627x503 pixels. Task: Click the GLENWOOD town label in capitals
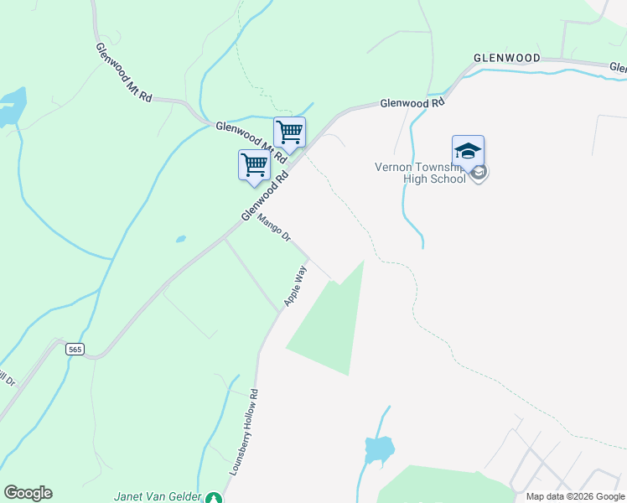point(506,58)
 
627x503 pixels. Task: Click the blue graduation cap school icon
point(468,151)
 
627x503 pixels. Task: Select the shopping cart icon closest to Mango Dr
point(254,164)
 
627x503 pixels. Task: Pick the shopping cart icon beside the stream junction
point(289,132)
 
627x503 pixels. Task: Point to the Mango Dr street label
point(273,229)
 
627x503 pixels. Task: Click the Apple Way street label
point(295,286)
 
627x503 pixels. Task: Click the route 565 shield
point(75,350)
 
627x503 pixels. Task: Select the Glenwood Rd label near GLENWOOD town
point(412,103)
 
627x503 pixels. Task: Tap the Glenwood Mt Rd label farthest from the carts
point(122,72)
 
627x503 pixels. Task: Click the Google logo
point(28,493)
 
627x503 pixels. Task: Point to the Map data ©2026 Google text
point(575,496)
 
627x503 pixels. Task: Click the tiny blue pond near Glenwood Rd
point(180,239)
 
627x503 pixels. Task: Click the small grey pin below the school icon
point(479,174)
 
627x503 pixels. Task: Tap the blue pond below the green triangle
point(379,449)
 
